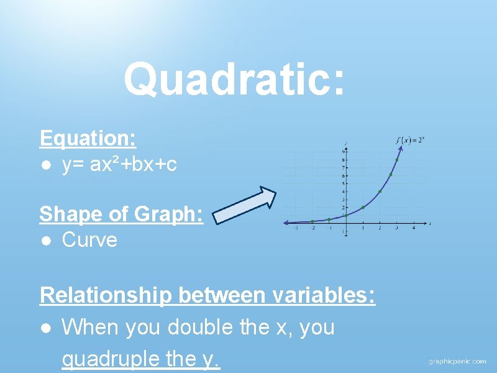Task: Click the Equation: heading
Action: click(x=88, y=138)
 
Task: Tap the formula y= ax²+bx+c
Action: click(x=119, y=165)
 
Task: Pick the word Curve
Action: click(x=89, y=240)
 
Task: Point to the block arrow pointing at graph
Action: click(x=245, y=206)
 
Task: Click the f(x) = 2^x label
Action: click(x=411, y=140)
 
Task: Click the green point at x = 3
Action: click(x=396, y=160)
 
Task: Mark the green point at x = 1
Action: click(x=363, y=207)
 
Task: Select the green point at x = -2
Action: click(x=312, y=221)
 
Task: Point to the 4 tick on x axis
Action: click(x=414, y=228)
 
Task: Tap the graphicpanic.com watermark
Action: click(x=457, y=361)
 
